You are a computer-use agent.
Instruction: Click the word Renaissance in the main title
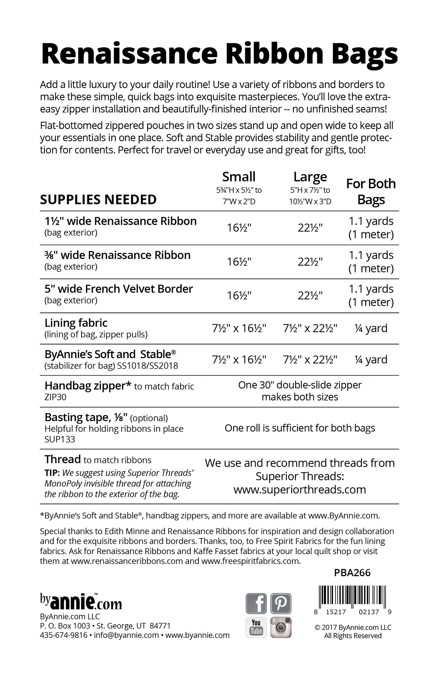(129, 53)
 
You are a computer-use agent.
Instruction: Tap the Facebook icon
(256, 603)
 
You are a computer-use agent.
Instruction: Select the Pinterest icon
(281, 603)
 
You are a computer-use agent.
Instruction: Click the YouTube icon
(256, 627)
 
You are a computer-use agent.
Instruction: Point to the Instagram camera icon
(281, 627)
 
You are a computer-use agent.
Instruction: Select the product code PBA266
(352, 573)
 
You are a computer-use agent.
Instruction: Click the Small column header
(239, 177)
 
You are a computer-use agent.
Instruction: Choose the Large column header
(310, 177)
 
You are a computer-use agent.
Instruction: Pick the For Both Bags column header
(371, 192)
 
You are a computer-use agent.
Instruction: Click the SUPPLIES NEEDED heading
(98, 199)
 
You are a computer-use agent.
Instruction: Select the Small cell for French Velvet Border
(239, 295)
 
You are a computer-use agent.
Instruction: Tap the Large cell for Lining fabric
(310, 328)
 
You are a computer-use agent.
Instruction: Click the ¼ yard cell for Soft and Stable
(371, 359)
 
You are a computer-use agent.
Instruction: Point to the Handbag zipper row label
(88, 386)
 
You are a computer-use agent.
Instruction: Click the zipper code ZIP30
(55, 397)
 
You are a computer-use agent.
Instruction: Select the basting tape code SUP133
(60, 439)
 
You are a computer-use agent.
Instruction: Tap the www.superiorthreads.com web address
(300, 489)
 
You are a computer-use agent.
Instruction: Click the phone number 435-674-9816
(63, 635)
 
